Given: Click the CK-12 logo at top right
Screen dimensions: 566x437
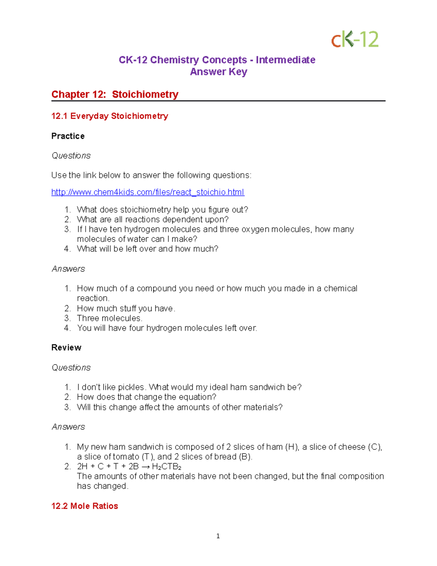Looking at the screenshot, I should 355,39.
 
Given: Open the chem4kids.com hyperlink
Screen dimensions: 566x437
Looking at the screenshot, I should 147,192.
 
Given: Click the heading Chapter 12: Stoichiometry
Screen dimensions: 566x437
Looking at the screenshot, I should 115,94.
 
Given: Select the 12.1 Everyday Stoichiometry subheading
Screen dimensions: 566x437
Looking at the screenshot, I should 110,116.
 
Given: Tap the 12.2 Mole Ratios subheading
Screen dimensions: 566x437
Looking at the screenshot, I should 84,506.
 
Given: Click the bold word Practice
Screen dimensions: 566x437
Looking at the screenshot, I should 68,136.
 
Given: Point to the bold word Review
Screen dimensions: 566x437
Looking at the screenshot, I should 66,347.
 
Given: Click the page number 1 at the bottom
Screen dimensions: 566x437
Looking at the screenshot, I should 218,536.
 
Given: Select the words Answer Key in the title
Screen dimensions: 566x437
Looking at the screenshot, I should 219,72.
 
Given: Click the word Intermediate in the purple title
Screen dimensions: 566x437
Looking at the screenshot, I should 286,60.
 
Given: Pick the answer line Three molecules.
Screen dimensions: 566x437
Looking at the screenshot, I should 109,318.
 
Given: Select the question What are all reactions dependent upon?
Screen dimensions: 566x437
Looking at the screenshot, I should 153,219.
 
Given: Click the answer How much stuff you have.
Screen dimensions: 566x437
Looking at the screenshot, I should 126,308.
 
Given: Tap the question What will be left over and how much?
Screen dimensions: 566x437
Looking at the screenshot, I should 147,249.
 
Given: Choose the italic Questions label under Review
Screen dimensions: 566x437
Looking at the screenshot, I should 71,367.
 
